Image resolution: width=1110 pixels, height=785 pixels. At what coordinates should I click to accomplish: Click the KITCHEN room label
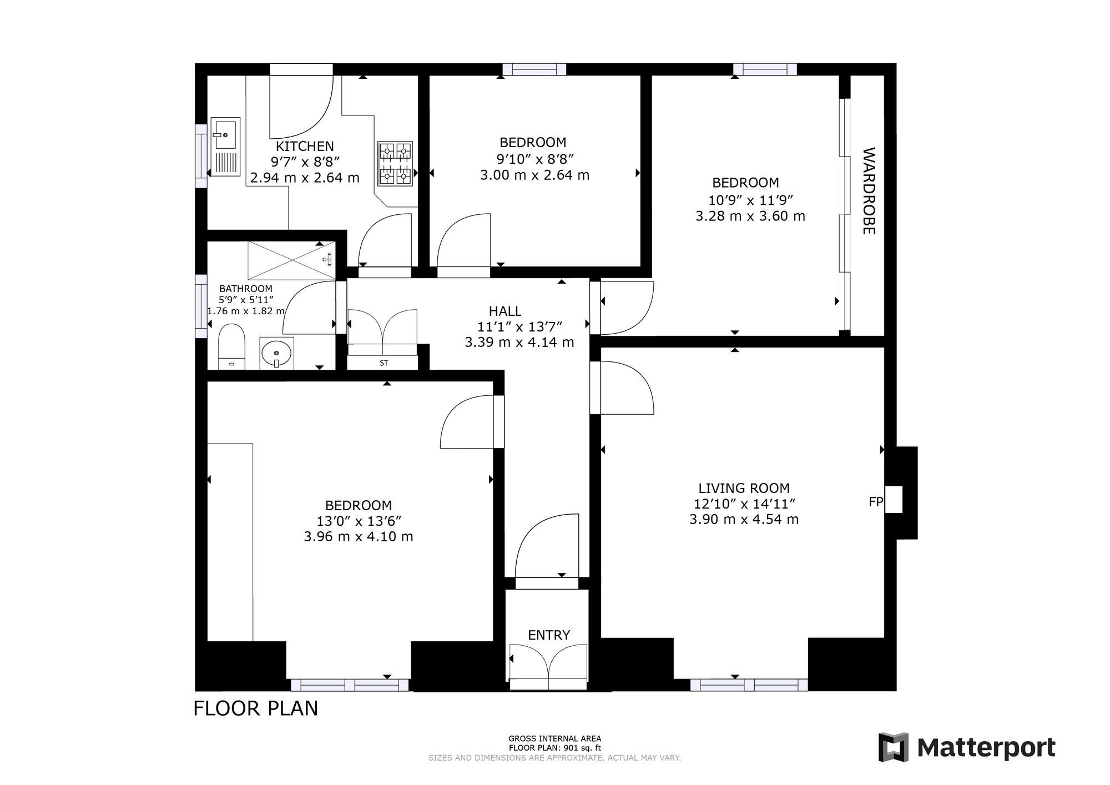(x=305, y=147)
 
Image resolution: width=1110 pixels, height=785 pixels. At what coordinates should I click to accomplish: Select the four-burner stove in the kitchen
(x=395, y=163)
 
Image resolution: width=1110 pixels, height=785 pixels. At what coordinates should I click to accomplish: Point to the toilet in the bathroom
(x=232, y=347)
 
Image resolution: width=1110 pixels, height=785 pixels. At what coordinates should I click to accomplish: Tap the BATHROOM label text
(x=246, y=289)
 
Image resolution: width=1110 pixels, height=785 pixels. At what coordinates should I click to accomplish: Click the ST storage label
(x=384, y=363)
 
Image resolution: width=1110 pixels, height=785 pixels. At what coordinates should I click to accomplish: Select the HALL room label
(x=505, y=311)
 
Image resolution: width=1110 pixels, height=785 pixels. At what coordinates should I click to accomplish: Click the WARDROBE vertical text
(x=869, y=190)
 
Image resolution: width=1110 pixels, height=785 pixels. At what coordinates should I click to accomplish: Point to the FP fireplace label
(x=876, y=502)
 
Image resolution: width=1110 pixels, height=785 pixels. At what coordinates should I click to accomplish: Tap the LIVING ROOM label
(x=744, y=489)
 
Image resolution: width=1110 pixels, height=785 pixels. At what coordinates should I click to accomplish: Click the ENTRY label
(x=549, y=635)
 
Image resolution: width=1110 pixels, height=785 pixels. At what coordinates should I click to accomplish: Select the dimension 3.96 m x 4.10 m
(x=359, y=537)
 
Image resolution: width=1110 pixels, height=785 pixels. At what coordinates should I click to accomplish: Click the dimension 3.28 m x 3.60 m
(x=750, y=216)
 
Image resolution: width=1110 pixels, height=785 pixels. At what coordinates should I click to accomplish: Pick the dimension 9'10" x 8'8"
(x=535, y=159)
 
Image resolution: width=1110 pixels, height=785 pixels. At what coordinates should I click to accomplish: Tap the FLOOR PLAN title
(x=256, y=708)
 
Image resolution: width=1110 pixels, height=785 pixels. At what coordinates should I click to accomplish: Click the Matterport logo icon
(x=894, y=747)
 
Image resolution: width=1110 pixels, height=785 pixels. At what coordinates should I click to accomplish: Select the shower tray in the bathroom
(x=292, y=260)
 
